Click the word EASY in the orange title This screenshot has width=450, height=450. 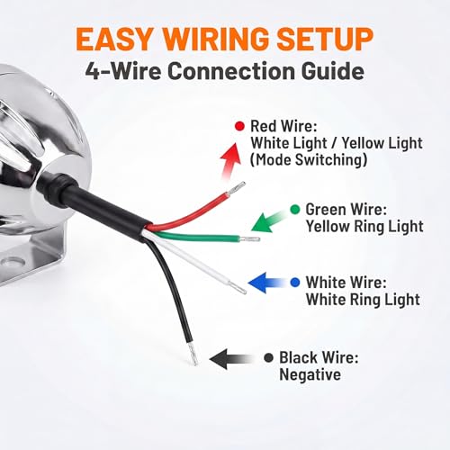(x=114, y=39)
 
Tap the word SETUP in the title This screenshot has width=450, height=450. (x=325, y=39)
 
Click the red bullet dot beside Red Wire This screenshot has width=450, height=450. (x=239, y=126)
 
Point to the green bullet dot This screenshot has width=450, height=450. (x=295, y=210)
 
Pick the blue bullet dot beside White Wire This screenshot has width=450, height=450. (x=295, y=283)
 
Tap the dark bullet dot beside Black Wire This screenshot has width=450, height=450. (x=268, y=357)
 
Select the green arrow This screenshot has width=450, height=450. (x=268, y=221)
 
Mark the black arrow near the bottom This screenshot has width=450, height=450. (x=231, y=359)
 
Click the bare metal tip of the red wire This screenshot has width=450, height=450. (x=237, y=188)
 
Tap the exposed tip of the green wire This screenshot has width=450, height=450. (x=249, y=239)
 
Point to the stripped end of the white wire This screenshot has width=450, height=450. (x=238, y=287)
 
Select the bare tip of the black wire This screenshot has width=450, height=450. (x=193, y=354)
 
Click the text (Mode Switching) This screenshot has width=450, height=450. (x=309, y=159)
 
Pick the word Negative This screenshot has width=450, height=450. (x=310, y=374)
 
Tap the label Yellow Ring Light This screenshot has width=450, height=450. (x=364, y=226)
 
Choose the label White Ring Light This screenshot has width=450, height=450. (x=363, y=299)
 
